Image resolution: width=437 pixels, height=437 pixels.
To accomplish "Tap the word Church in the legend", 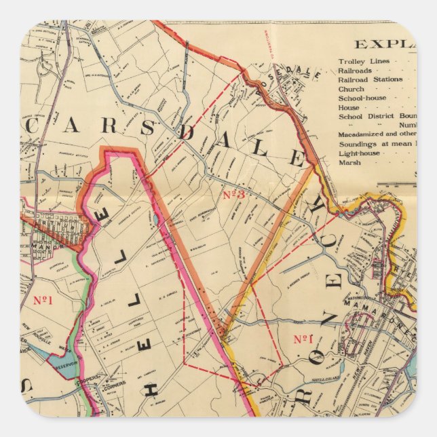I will coord(351,89).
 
